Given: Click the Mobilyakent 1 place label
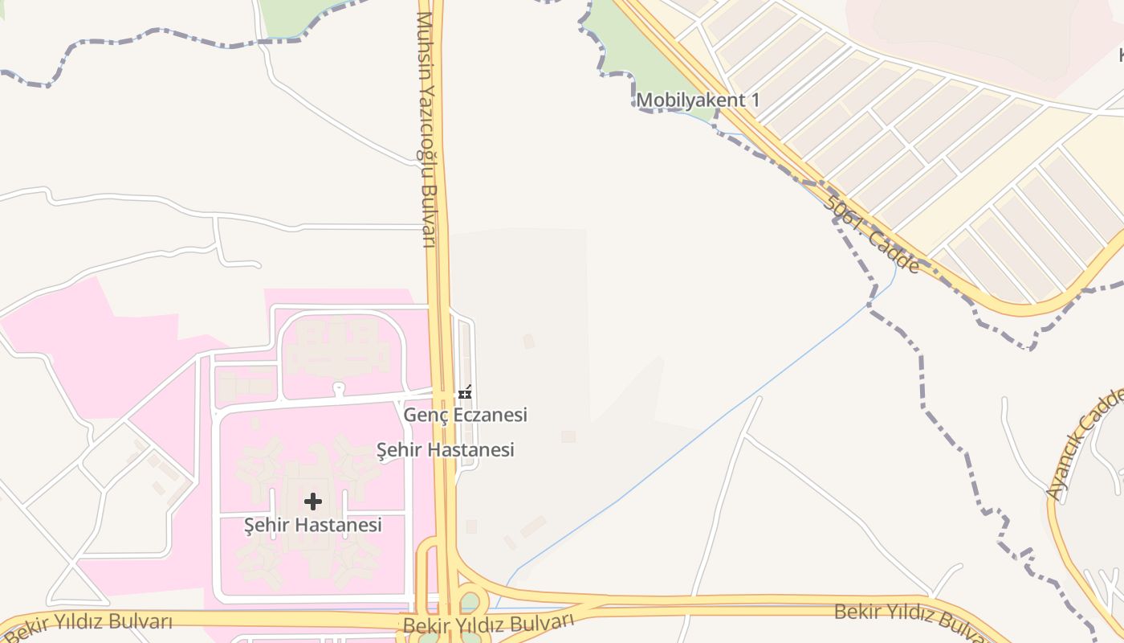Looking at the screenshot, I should tap(698, 100).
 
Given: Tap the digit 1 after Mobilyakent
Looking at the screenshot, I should tap(755, 100).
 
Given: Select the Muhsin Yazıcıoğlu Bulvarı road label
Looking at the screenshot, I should tap(426, 129).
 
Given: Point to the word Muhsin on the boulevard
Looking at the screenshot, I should tap(424, 36).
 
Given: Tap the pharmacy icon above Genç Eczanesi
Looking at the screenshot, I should tap(464, 393).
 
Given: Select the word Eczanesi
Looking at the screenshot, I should tap(491, 415).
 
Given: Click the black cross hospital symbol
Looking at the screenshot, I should tap(313, 502).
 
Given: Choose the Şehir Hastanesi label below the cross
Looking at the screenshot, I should tap(313, 526).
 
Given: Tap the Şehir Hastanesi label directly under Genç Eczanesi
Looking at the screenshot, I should tap(446, 450).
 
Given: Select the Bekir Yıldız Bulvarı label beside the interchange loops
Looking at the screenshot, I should tap(488, 624).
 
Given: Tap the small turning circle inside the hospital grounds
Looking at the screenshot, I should tap(339, 389).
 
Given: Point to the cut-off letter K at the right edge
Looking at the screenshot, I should tap(1121, 55).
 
